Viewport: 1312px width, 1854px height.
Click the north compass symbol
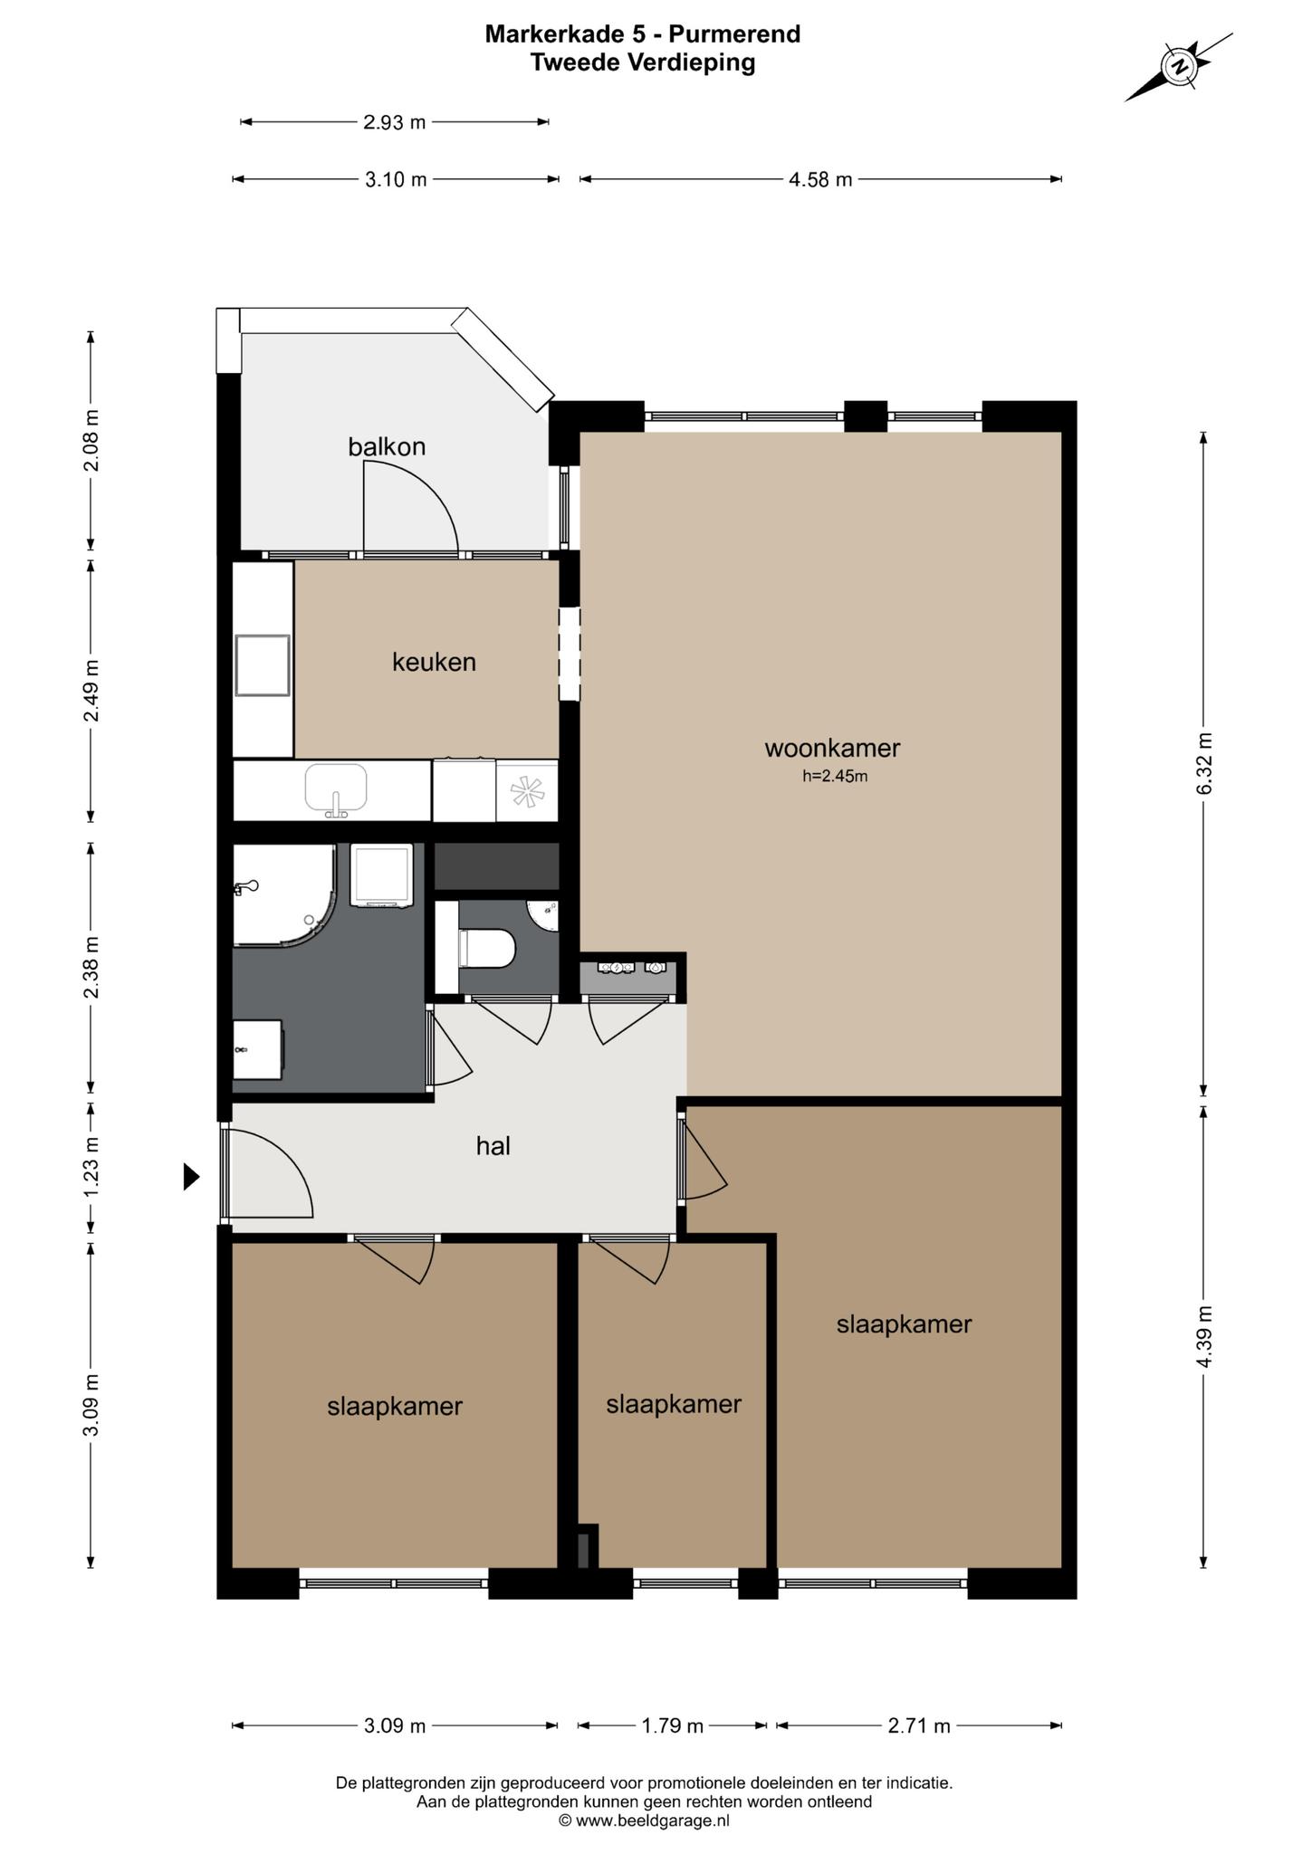[x=1179, y=66]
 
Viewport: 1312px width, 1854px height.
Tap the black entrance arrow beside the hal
[x=191, y=1176]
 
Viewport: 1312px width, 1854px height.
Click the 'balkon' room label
[x=387, y=446]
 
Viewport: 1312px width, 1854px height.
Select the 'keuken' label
[x=434, y=662]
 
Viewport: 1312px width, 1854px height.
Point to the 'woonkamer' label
[x=832, y=749]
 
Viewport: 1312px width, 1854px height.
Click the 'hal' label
[x=493, y=1146]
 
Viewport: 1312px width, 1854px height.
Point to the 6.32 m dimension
[x=1203, y=762]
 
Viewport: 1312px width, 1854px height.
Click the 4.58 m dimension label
[x=820, y=179]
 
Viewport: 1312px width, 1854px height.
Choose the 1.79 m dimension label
[x=673, y=1725]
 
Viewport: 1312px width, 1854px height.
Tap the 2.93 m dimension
[x=394, y=121]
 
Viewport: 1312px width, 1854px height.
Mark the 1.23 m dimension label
[x=91, y=1167]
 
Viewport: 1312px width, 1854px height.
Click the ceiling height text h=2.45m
[x=835, y=776]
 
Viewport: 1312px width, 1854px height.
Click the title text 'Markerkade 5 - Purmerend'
[x=643, y=34]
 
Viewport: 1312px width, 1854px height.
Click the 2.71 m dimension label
[x=919, y=1725]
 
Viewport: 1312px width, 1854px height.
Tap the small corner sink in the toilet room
[x=545, y=915]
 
